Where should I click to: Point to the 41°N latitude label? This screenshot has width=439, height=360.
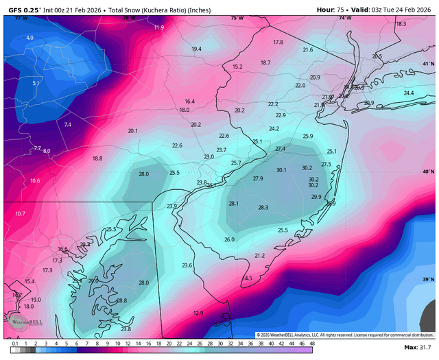(x=429, y=64)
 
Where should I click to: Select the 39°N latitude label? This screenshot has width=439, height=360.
(x=429, y=280)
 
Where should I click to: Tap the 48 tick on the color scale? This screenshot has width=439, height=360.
(x=312, y=343)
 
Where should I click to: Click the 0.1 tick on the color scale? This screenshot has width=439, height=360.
(x=14, y=343)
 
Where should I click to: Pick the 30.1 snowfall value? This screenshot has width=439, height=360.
(x=281, y=169)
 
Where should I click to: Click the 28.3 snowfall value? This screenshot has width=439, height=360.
(x=263, y=207)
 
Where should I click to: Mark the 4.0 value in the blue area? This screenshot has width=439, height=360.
(x=29, y=38)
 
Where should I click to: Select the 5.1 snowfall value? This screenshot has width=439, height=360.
(x=36, y=83)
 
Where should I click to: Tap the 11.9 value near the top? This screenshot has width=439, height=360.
(x=159, y=27)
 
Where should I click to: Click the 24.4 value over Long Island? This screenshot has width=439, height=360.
(x=409, y=93)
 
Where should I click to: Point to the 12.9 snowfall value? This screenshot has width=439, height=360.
(x=198, y=313)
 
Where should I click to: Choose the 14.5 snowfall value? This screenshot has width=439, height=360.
(x=248, y=278)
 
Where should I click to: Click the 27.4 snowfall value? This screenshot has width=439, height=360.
(x=280, y=149)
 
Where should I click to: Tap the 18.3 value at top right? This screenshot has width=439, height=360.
(x=401, y=23)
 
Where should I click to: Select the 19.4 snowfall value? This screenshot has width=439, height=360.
(x=197, y=49)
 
